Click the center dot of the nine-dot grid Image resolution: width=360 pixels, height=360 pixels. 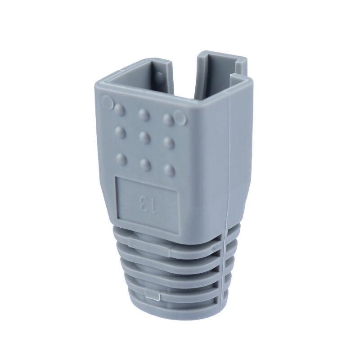click(144, 136)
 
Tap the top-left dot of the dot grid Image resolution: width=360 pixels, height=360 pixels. click(120, 109)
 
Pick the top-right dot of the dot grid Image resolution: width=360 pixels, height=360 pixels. click(168, 119)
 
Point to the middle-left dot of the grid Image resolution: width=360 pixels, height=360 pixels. click(120, 132)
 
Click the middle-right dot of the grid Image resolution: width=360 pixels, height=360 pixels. click(169, 142)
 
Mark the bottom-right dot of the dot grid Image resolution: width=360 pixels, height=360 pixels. click(169, 170)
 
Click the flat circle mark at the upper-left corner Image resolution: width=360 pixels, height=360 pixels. click(108, 102)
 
